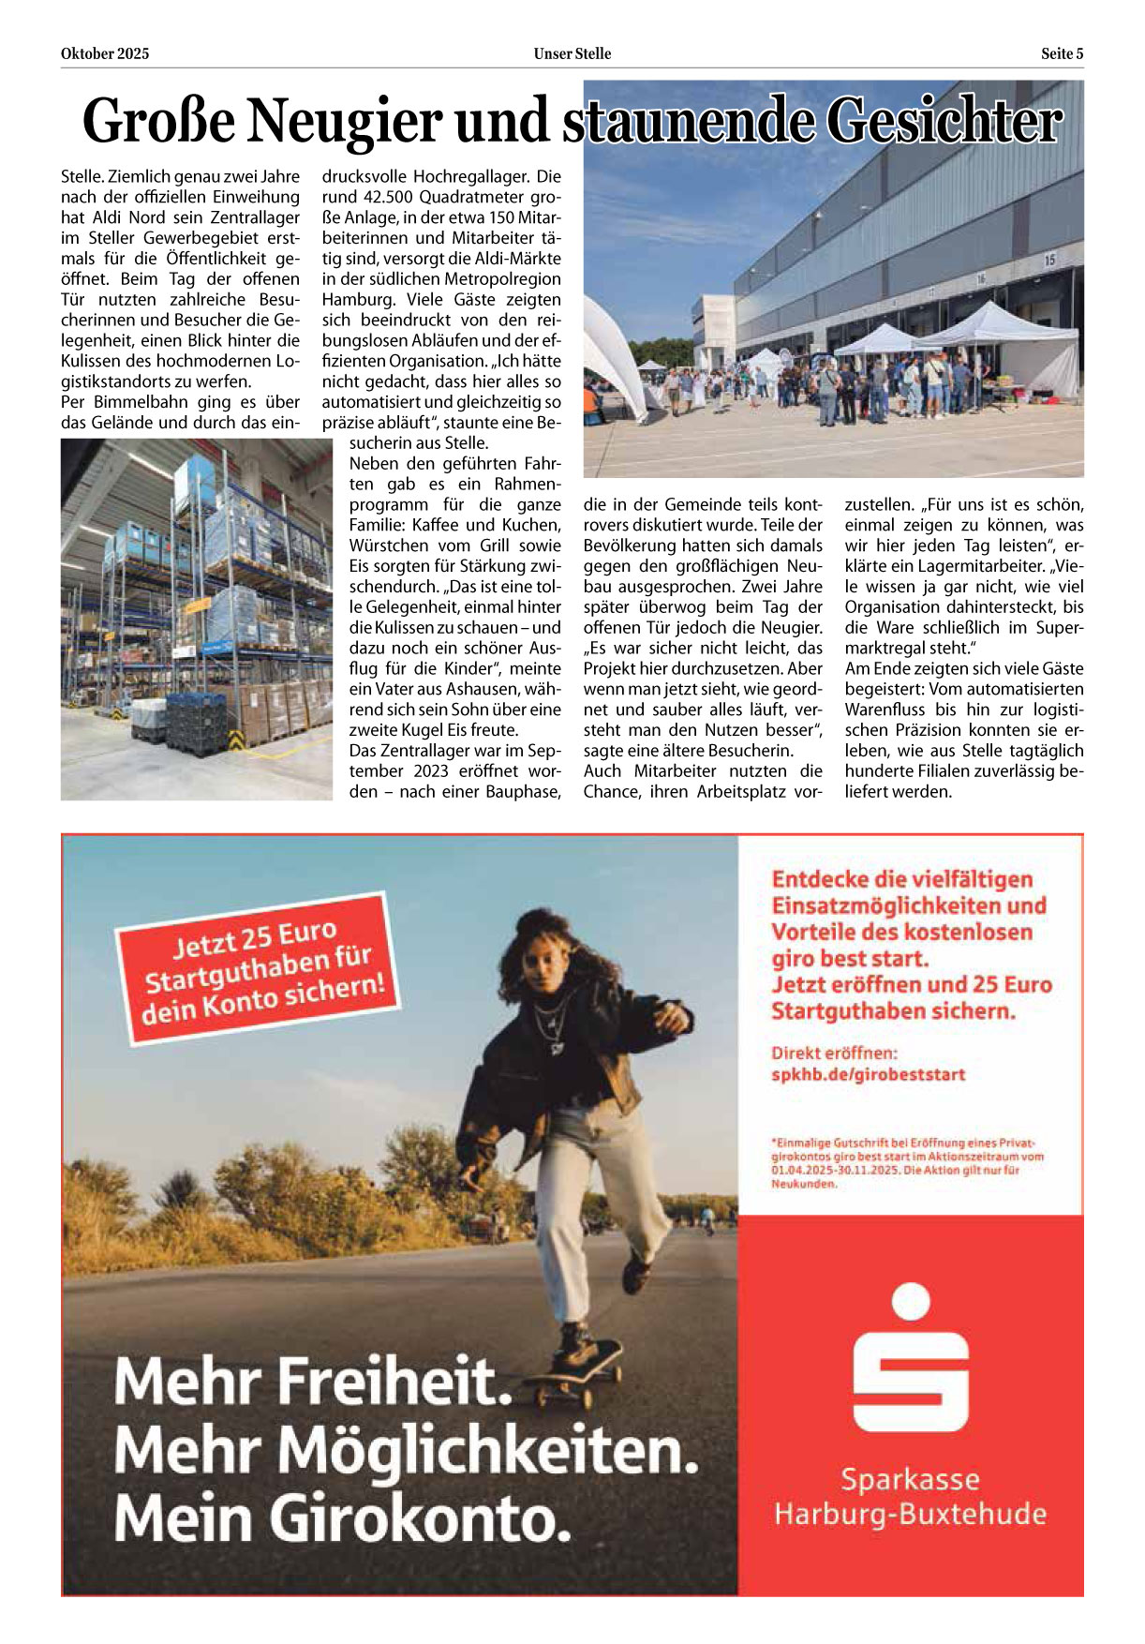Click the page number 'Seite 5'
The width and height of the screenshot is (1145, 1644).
1062,54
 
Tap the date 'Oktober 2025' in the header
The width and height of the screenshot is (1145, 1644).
105,54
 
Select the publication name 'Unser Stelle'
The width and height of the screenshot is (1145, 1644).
572,54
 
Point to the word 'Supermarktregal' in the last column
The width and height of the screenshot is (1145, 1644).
1031,628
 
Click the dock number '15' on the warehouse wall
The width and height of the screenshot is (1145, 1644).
1049,260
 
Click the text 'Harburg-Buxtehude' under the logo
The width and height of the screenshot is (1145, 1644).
910,1514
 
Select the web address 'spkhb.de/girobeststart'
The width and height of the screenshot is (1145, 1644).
868,1075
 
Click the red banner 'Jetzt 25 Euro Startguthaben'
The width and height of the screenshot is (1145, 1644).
259,969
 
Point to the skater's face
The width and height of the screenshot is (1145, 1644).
542,955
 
